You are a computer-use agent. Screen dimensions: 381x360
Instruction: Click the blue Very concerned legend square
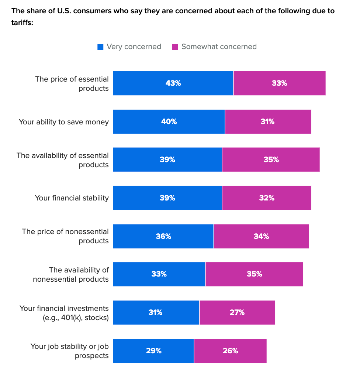pos(100,47)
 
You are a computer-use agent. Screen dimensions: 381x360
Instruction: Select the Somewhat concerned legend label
pos(219,47)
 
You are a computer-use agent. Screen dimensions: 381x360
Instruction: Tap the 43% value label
pos(173,83)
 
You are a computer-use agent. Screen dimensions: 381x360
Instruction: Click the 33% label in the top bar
pos(279,83)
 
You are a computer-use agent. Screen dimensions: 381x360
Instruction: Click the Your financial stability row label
pos(72,198)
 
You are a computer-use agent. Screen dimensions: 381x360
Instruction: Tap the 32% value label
pos(267,198)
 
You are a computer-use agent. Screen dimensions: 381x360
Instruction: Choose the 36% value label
pos(163,236)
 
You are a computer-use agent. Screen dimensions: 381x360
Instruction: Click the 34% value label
pos(261,236)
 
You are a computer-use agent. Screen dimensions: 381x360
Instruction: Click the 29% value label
pos(153,351)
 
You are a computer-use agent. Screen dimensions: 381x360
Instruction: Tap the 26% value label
pos(230,351)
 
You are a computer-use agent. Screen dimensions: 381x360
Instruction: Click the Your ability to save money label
pos(64,122)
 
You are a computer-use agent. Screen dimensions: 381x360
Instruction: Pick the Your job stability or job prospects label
pos(70,351)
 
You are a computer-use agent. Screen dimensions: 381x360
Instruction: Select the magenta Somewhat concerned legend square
pos(175,47)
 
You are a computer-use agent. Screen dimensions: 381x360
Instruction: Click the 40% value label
pos(169,121)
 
